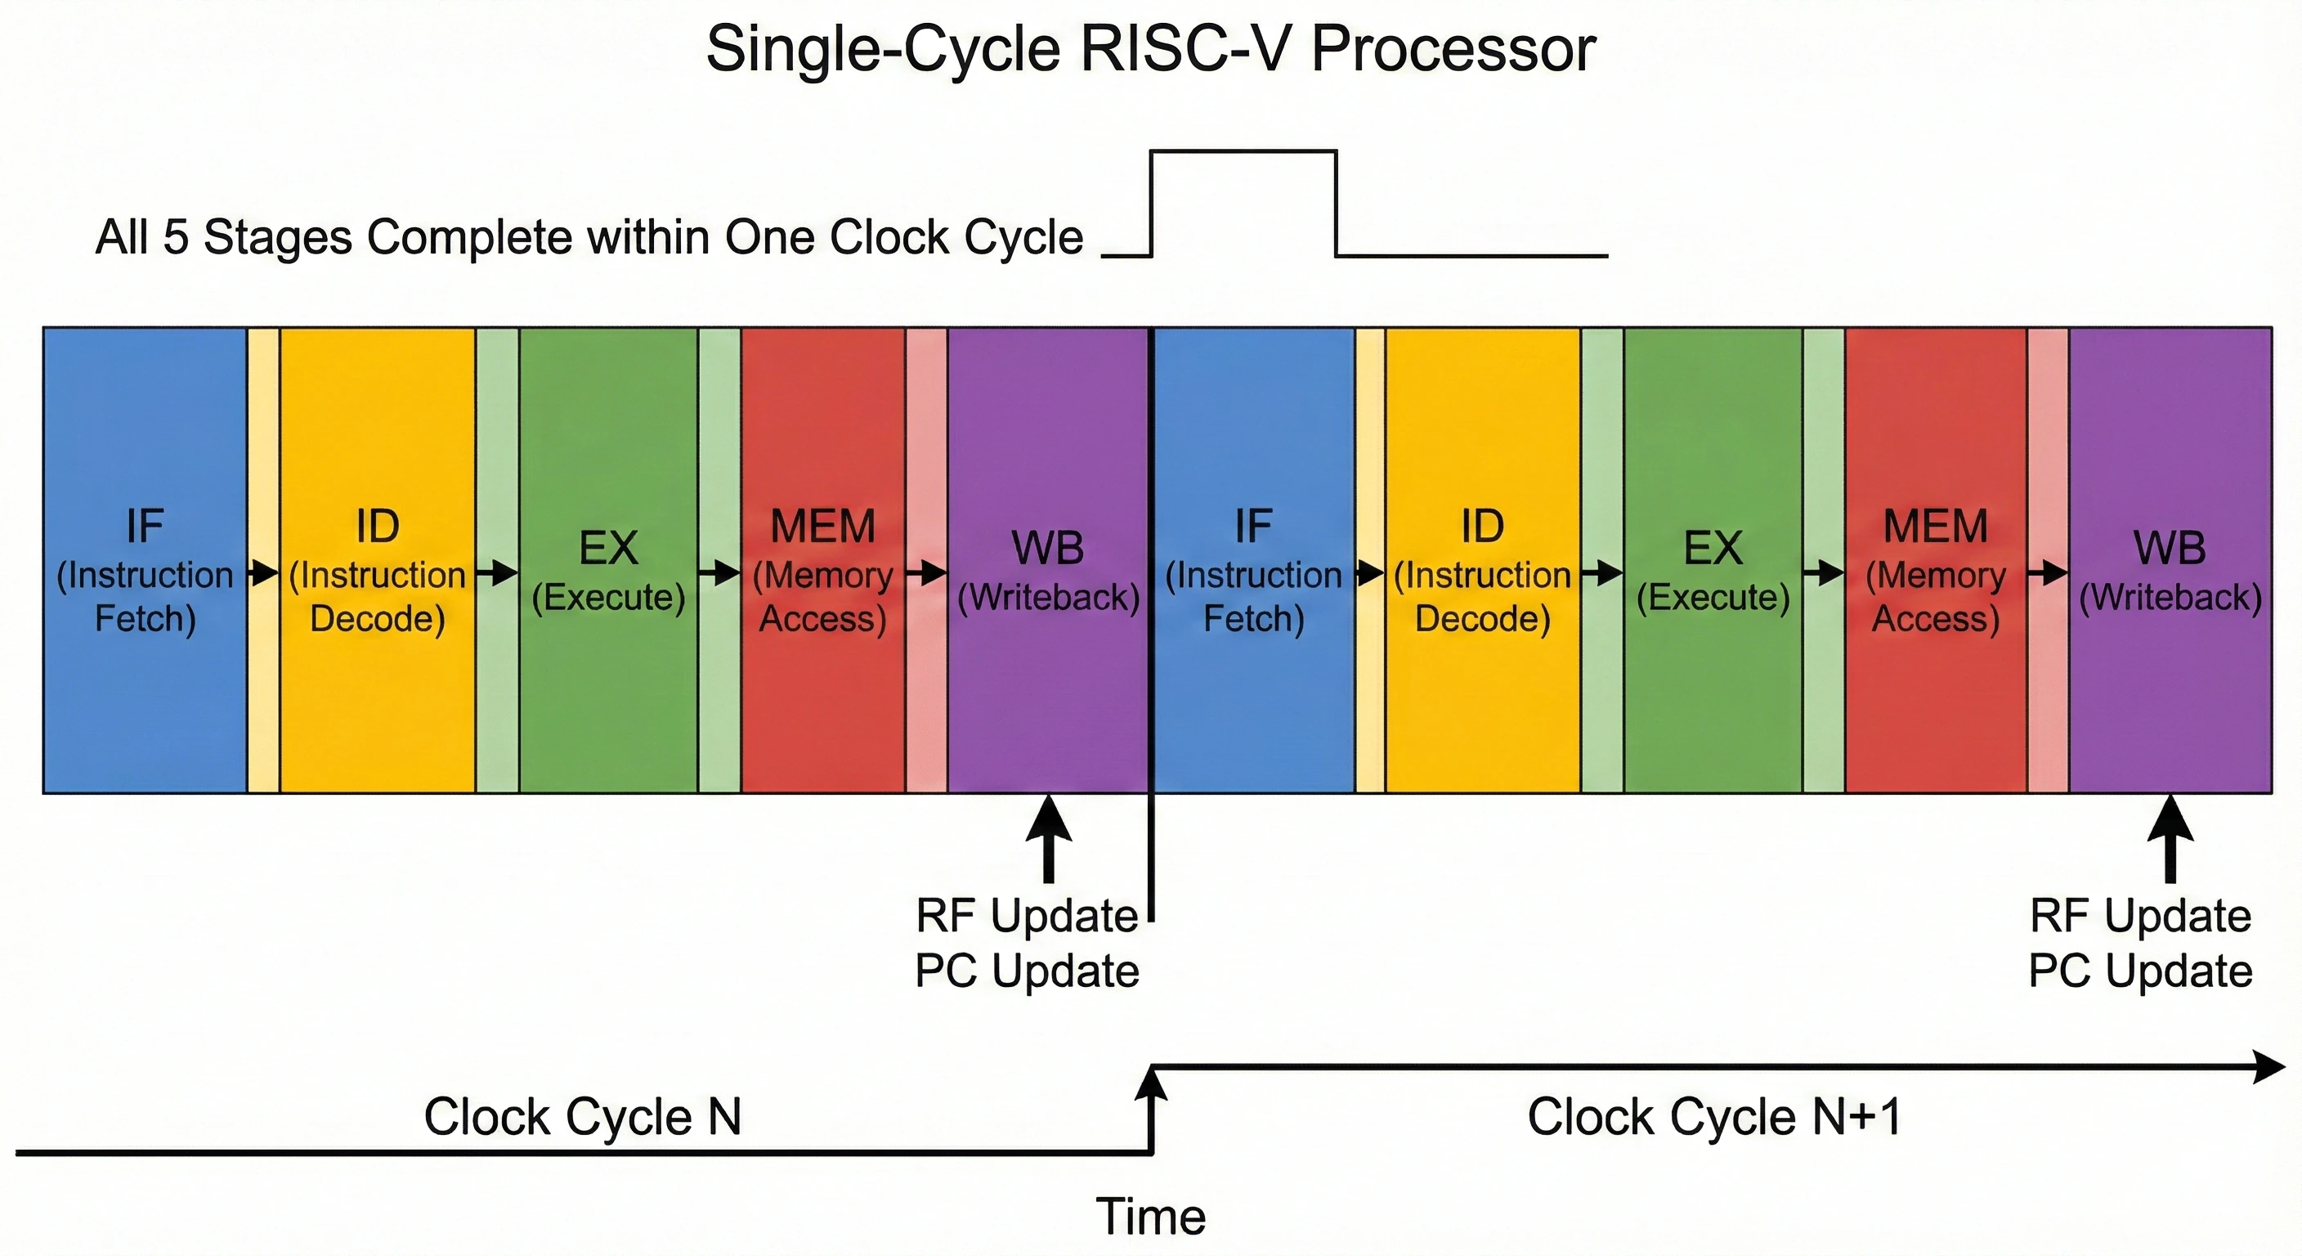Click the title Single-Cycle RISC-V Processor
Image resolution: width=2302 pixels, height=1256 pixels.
click(x=1150, y=49)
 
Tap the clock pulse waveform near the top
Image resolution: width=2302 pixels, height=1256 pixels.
click(x=1243, y=152)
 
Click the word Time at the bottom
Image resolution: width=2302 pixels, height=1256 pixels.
click(x=1151, y=1217)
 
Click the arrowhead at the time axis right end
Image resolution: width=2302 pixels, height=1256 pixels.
click(x=2270, y=1066)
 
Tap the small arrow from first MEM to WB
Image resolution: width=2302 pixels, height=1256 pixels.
click(x=927, y=572)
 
